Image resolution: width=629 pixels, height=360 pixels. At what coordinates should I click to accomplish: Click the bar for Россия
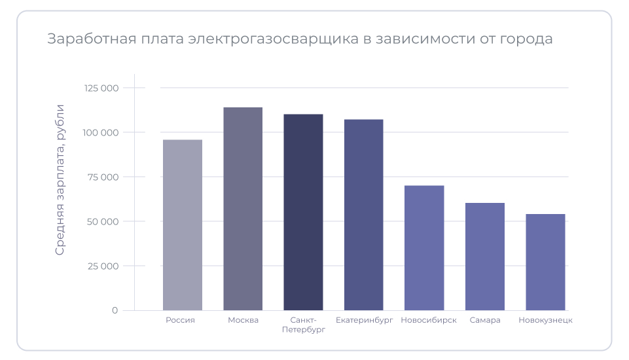[x=183, y=225]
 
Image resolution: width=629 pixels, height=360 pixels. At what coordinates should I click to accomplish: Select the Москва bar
[x=243, y=209]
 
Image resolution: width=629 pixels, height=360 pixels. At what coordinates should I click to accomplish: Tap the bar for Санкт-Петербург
[x=303, y=212]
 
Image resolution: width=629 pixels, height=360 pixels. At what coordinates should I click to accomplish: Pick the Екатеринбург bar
[x=363, y=215]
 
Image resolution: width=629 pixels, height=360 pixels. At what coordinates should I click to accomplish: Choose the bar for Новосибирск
[x=424, y=248]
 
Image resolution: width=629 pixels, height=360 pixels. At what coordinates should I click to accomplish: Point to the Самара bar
[x=484, y=257]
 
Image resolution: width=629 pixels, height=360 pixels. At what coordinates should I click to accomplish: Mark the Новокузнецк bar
[x=545, y=262]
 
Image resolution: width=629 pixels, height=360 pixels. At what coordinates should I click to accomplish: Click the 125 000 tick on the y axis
[x=101, y=88]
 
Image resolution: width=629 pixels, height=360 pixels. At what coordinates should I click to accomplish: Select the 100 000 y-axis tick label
[x=101, y=132]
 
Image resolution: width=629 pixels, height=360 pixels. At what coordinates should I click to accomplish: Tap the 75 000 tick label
[x=103, y=177]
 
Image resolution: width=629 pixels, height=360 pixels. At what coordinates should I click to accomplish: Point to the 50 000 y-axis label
[x=102, y=221]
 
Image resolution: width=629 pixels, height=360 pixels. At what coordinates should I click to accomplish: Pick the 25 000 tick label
[x=102, y=266]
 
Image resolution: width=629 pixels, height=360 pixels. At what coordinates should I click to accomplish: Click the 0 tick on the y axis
[x=115, y=310]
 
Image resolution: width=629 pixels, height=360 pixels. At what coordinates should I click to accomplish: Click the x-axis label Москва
[x=243, y=320]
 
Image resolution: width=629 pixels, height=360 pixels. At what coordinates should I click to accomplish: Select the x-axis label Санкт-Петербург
[x=303, y=325]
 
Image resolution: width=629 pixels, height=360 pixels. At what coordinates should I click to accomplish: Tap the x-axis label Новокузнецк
[x=545, y=320]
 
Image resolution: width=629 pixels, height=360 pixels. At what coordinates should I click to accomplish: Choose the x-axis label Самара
[x=484, y=320]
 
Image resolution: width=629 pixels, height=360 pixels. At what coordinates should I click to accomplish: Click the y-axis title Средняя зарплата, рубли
[x=60, y=179]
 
